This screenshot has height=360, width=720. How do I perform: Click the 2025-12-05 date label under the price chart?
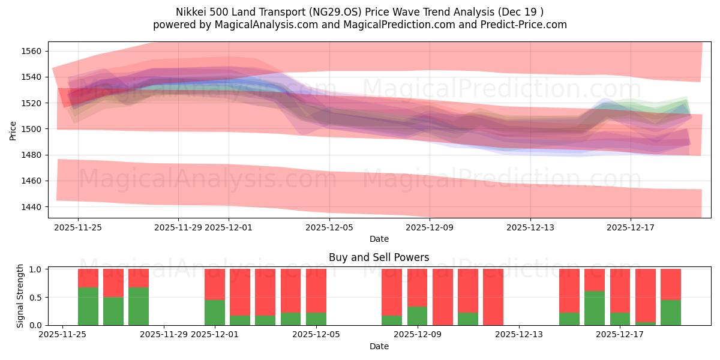329,228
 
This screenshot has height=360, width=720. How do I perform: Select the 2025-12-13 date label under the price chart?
530,228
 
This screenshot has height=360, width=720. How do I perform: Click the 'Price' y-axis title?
13,129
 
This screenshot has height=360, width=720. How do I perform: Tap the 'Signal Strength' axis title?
20,296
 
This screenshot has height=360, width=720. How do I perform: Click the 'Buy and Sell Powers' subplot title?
379,257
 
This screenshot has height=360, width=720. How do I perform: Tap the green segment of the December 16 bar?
595,308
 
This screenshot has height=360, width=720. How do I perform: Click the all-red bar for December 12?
493,297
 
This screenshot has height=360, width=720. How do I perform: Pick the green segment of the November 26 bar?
88,306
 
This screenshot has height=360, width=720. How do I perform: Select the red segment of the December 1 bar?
215,284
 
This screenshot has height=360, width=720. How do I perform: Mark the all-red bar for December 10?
443,297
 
